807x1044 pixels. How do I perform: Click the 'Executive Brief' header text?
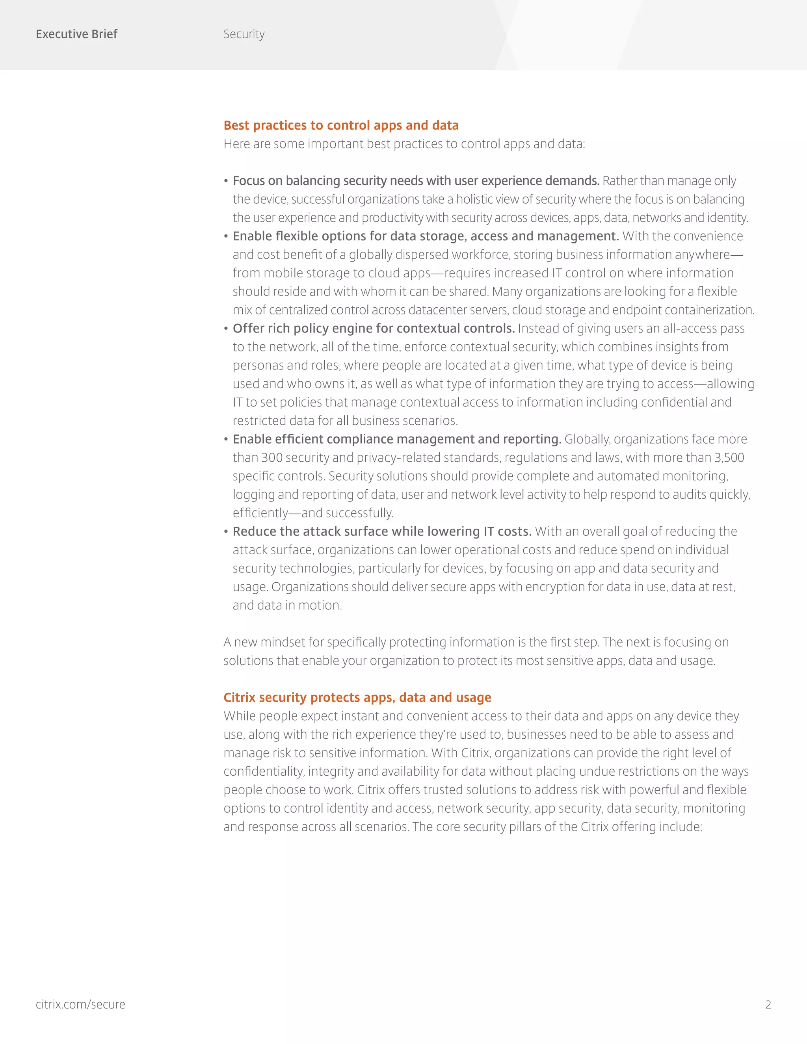(x=76, y=34)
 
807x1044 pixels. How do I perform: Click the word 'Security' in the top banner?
(x=244, y=34)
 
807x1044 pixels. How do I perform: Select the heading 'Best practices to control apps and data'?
(x=341, y=125)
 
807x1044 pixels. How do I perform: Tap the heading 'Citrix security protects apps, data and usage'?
(x=357, y=697)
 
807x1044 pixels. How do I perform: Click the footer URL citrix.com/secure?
(x=80, y=1004)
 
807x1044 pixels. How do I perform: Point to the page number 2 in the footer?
(x=768, y=1004)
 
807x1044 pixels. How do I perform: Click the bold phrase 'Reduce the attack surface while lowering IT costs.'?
(x=382, y=531)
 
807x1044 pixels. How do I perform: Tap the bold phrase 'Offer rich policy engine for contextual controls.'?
(x=374, y=329)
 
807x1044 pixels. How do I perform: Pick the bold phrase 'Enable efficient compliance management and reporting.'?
(x=397, y=439)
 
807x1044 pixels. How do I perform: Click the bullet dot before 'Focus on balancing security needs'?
(x=226, y=181)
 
